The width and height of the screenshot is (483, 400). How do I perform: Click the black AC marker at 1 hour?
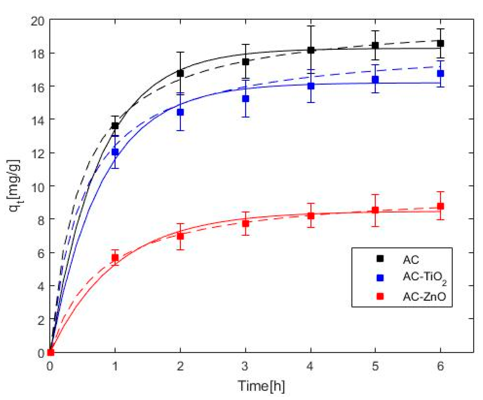pyautogui.click(x=115, y=126)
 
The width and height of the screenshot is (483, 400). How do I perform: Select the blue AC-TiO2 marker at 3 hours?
pyautogui.click(x=246, y=99)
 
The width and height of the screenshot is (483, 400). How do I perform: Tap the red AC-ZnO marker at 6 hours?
pyautogui.click(x=441, y=206)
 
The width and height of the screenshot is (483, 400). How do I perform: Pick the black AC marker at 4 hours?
pyautogui.click(x=311, y=50)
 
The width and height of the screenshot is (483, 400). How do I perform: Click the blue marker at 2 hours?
pyautogui.click(x=180, y=112)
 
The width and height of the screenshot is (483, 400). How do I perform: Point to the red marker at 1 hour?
pyautogui.click(x=115, y=258)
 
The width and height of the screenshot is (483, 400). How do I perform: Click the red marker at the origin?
pyautogui.click(x=50, y=352)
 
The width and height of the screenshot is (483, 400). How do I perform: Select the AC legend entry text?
pyautogui.click(x=411, y=260)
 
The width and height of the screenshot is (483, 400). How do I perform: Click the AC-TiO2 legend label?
pyautogui.click(x=424, y=278)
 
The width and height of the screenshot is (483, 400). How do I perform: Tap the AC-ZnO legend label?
pyautogui.click(x=424, y=296)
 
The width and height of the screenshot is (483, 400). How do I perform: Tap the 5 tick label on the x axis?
pyautogui.click(x=375, y=366)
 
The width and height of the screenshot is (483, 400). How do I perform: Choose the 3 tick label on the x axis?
pyautogui.click(x=245, y=366)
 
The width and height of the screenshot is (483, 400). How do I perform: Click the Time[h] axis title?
pyautogui.click(x=261, y=386)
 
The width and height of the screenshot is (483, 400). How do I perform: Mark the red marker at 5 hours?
pyautogui.click(x=375, y=210)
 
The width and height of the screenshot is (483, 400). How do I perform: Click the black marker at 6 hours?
pyautogui.click(x=441, y=43)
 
